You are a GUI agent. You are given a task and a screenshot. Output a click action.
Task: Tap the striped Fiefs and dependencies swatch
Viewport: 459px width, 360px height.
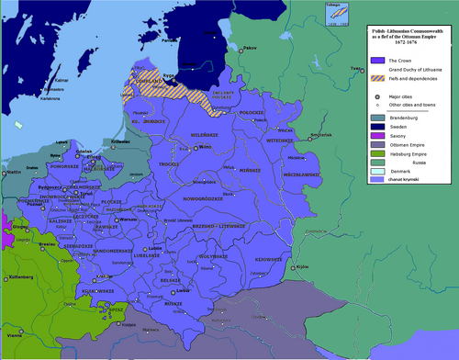377,79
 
